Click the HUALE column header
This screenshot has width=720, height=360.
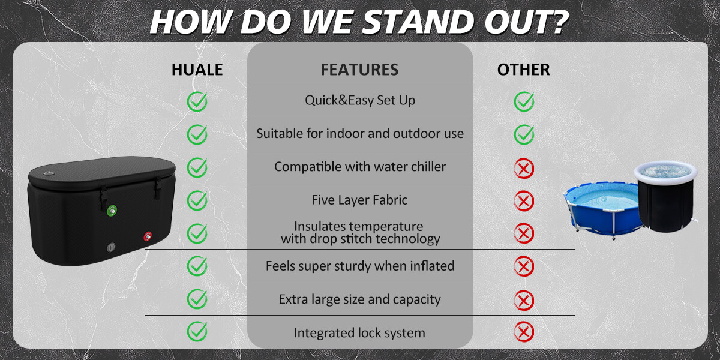197,70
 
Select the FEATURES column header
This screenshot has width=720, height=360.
359,70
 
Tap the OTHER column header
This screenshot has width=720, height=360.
523,70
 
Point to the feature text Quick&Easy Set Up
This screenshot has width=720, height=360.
360,100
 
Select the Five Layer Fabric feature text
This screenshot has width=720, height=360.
359,200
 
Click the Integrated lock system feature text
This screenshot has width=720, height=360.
359,332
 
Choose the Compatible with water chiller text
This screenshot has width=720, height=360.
360,167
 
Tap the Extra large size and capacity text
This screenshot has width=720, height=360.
359,299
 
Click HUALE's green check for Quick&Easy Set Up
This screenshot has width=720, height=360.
197,101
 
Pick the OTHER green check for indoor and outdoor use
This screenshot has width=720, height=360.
524,134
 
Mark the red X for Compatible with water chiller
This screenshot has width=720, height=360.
524,168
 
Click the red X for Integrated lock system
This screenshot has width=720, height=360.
524,331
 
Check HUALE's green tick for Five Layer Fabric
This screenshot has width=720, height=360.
197,200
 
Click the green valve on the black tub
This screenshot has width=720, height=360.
112,211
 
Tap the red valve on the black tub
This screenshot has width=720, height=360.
148,236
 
